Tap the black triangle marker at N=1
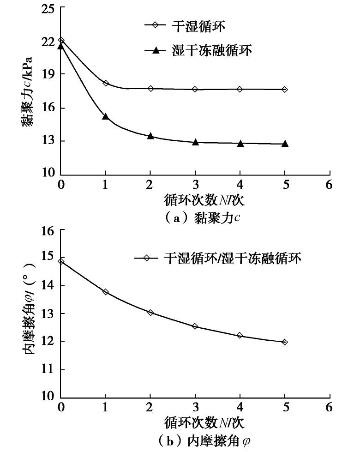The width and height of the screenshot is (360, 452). pyautogui.click(x=106, y=116)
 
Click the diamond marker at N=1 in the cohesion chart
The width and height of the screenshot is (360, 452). pyautogui.click(x=106, y=83)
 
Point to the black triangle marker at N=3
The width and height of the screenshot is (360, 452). pyautogui.click(x=195, y=142)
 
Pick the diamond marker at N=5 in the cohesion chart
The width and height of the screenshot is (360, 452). pyautogui.click(x=285, y=89)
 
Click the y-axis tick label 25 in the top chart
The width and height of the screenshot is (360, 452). pyautogui.click(x=47, y=9)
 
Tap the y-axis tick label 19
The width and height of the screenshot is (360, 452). pyautogui.click(x=47, y=74)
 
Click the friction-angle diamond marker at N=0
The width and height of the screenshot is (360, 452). pyautogui.click(x=61, y=261)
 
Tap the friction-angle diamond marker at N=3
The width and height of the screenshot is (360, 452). pyautogui.click(x=195, y=326)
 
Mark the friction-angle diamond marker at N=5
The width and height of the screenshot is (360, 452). pyautogui.click(x=285, y=342)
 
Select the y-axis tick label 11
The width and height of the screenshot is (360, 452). pyautogui.click(x=47, y=370)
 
